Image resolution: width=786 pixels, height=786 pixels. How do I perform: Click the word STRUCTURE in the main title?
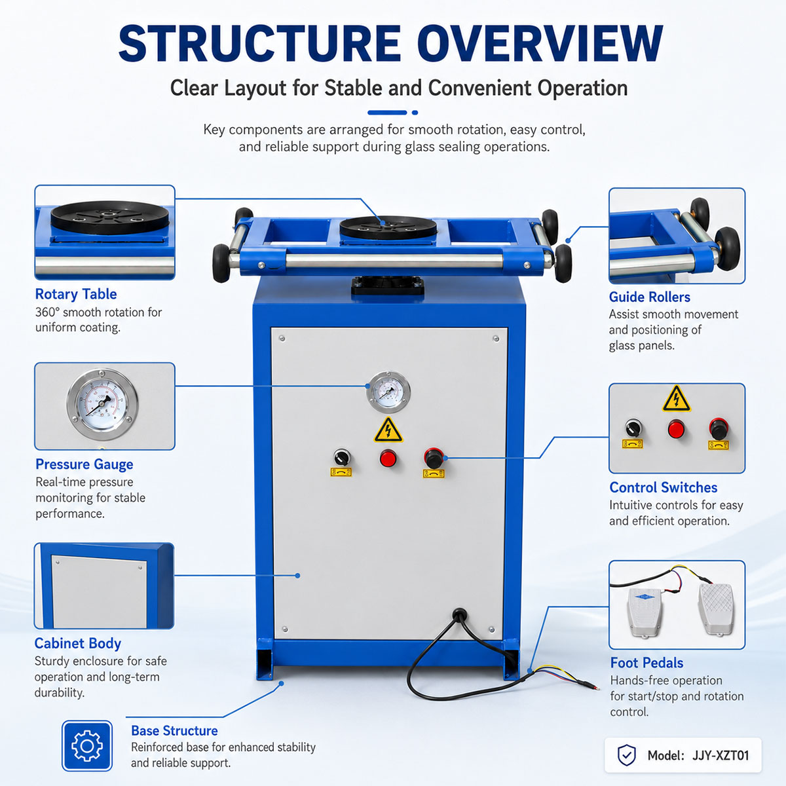[259, 44]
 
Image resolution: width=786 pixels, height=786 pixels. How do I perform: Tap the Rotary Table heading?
[76, 294]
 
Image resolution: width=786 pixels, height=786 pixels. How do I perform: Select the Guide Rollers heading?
[649, 297]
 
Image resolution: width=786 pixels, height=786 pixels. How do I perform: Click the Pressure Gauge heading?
[84, 464]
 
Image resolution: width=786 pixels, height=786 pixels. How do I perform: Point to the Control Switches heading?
[664, 487]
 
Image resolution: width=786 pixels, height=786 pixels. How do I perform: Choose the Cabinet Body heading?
[77, 643]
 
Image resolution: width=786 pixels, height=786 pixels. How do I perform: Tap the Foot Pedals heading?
[646, 663]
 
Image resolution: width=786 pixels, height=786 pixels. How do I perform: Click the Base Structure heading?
[174, 730]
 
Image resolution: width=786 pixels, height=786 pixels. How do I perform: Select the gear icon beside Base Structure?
[87, 746]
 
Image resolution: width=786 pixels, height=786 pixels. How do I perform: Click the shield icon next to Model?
[627, 755]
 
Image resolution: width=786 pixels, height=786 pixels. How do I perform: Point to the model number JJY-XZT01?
[720, 756]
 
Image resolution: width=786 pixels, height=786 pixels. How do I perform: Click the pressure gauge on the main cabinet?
[388, 392]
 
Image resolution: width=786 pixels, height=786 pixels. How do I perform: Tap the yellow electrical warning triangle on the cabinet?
[388, 430]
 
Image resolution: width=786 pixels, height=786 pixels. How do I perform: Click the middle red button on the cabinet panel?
[388, 458]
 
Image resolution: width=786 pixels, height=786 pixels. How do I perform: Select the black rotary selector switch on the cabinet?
[342, 457]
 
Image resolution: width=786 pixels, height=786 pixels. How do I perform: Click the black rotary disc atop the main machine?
[388, 227]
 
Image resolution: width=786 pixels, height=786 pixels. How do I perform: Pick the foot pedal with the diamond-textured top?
[717, 609]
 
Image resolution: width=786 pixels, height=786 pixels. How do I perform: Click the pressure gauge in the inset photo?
[102, 405]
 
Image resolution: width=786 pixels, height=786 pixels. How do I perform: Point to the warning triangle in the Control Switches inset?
[676, 399]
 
